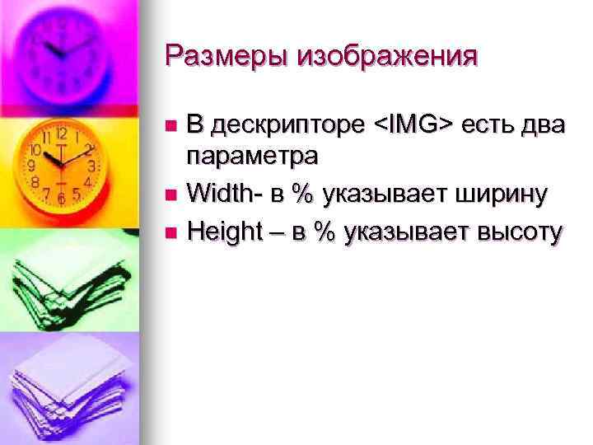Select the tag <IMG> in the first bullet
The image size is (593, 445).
[413, 124]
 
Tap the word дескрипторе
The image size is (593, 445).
[287, 126]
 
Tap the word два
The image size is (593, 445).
[539, 126]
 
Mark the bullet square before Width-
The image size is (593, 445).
[170, 196]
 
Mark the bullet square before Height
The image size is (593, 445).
[170, 234]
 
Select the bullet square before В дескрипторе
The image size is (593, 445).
[170, 125]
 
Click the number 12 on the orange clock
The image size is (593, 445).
[62, 133]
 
